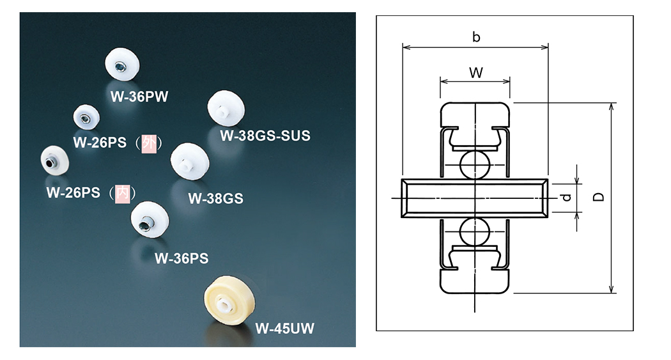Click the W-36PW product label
click(135, 97)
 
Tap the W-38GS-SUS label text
click(265, 136)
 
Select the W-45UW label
click(285, 329)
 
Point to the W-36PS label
click(182, 259)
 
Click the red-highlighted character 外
click(148, 142)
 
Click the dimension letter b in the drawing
click(476, 37)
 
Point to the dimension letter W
click(476, 72)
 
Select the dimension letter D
click(599, 198)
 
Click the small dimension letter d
click(565, 198)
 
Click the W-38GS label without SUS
click(215, 198)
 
